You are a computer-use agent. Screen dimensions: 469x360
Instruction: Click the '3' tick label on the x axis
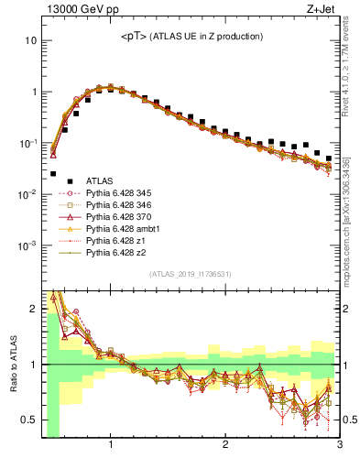(339, 445)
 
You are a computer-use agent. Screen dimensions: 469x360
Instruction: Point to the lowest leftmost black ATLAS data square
(53, 173)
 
